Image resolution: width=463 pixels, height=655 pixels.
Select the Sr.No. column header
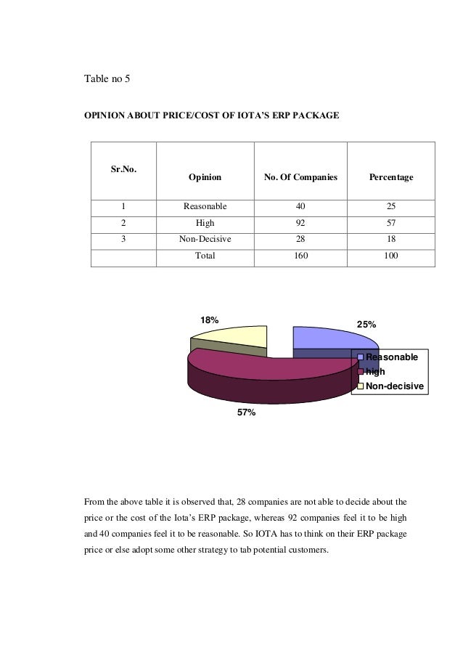coord(123,169)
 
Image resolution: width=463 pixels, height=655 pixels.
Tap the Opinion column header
coord(205,176)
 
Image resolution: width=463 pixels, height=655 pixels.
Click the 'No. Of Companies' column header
coord(301,176)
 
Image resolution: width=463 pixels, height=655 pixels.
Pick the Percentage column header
coord(391,176)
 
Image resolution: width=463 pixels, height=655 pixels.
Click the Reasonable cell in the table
coord(205,206)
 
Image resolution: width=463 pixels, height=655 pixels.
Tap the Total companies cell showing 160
coord(301,255)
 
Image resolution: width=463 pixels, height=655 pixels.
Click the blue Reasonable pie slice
coord(323,338)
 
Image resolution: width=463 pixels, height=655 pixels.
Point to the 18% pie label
coord(210,320)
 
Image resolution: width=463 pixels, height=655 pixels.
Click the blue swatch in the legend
coord(360,358)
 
